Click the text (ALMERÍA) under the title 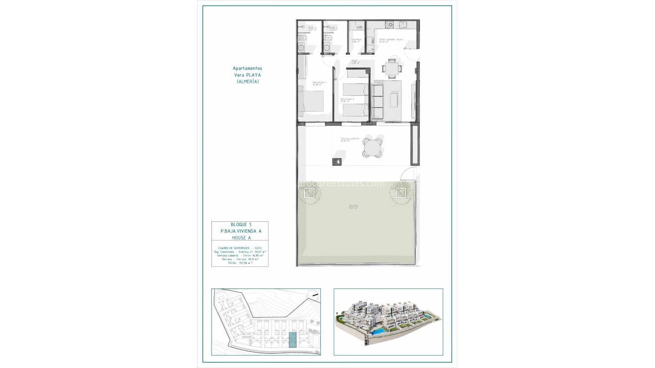click(x=247, y=82)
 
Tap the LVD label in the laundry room click(x=359, y=27)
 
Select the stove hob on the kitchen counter click(x=390, y=24)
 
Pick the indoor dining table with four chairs click(x=392, y=68)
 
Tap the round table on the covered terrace click(x=373, y=148)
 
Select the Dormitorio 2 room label click(x=347, y=100)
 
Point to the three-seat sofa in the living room click(x=377, y=101)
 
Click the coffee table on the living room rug click(x=394, y=100)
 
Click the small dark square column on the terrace click(x=337, y=161)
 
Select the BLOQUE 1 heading click(x=240, y=225)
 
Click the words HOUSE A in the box click(x=240, y=238)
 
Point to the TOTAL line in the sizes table click(x=240, y=263)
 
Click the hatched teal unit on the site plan click(x=292, y=339)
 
